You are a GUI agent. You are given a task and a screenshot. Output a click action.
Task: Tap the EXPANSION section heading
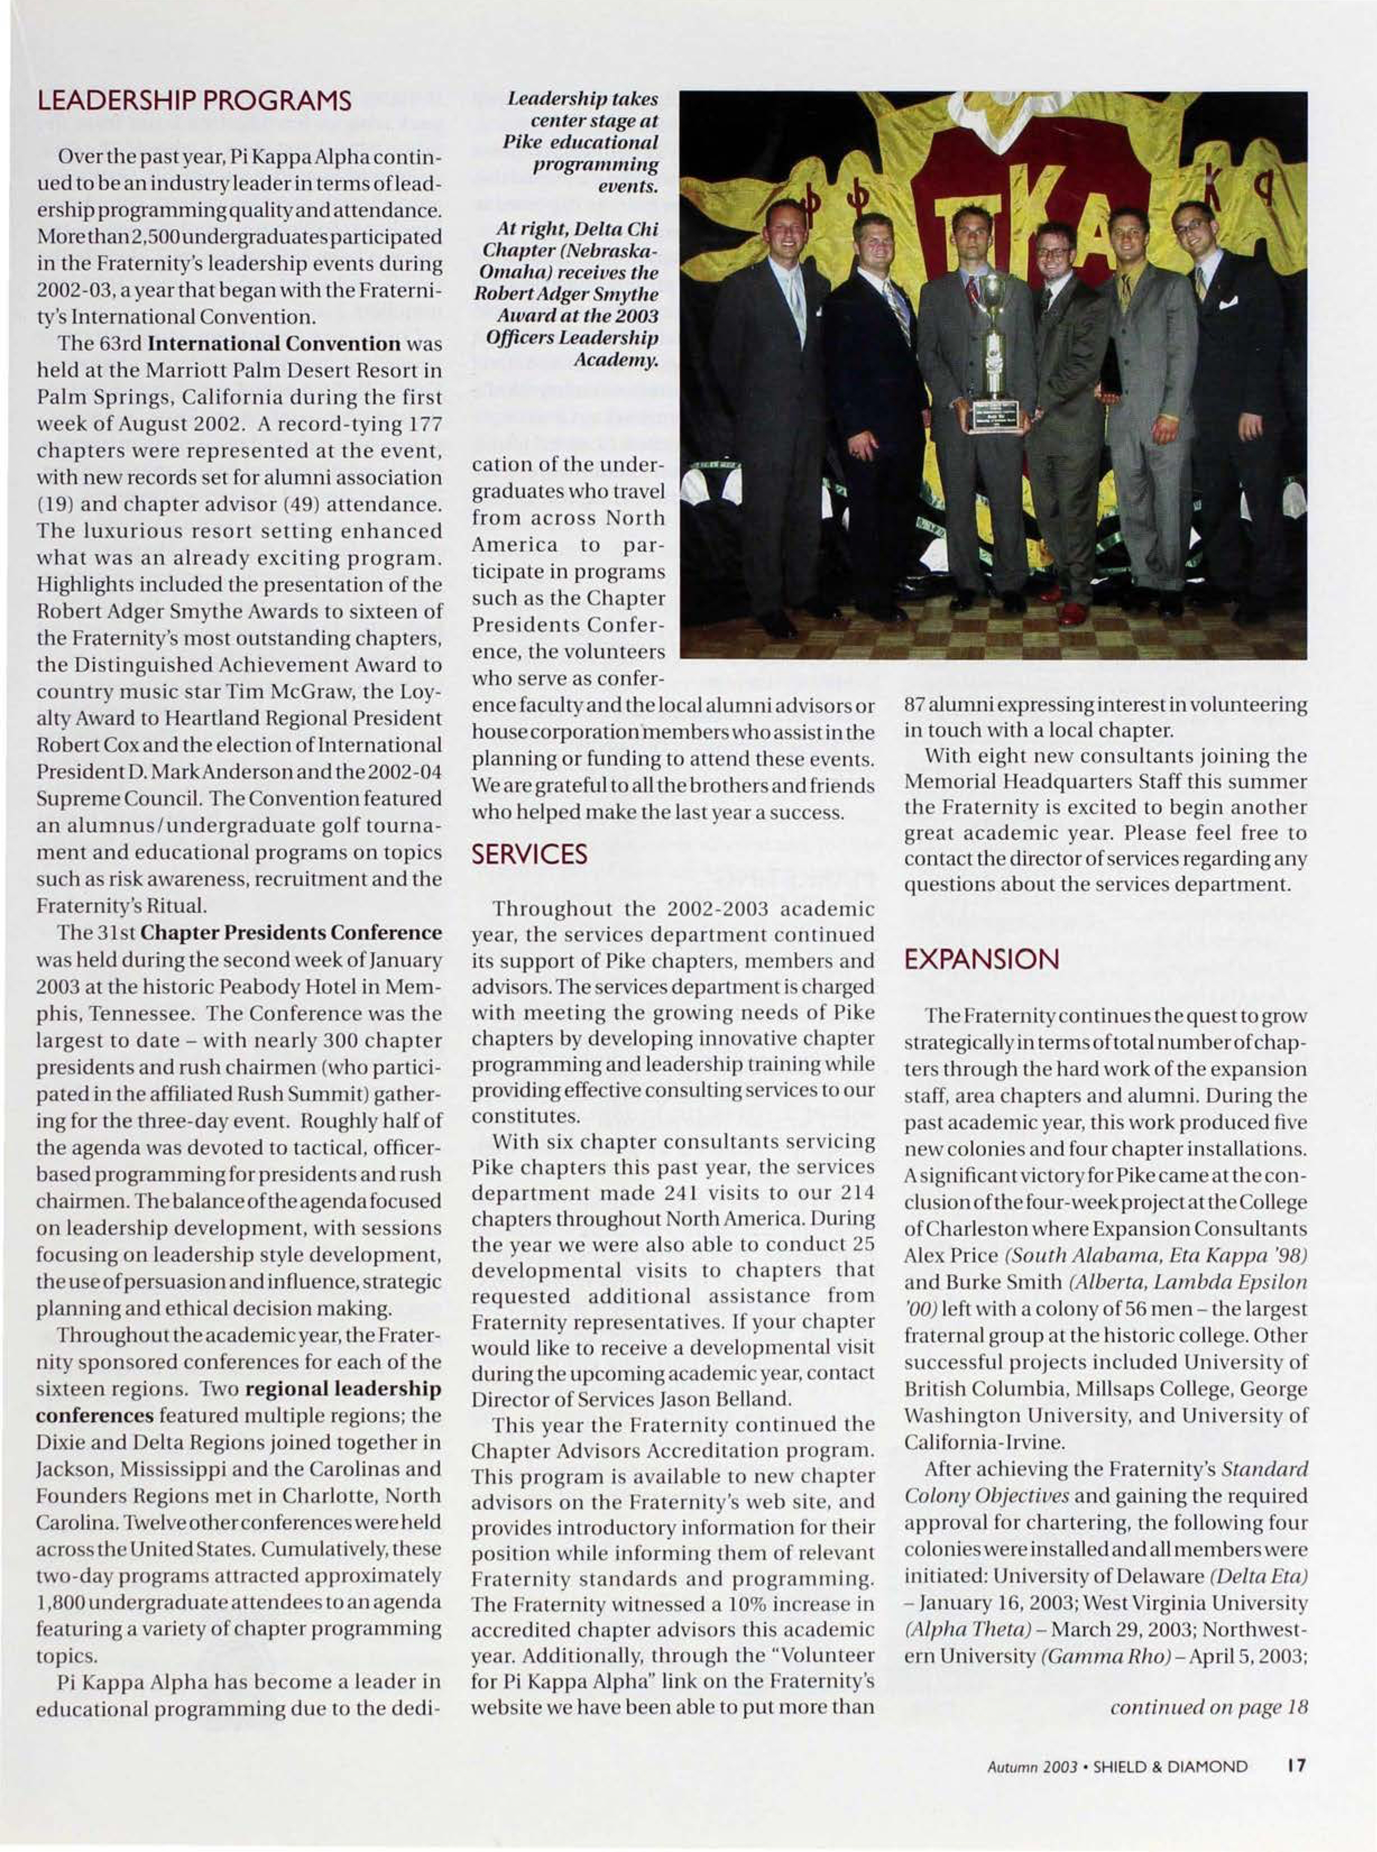tap(981, 960)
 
